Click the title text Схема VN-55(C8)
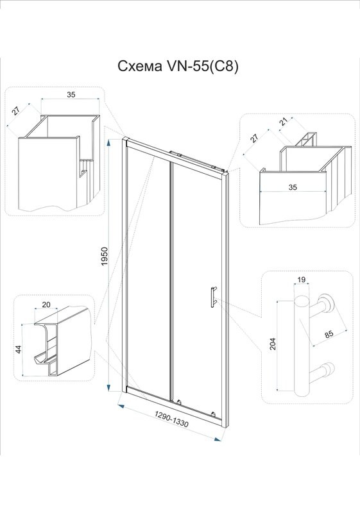click(x=178, y=67)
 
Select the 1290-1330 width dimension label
click(x=172, y=419)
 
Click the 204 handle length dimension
click(x=273, y=344)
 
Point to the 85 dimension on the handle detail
click(x=329, y=334)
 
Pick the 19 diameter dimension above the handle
click(x=302, y=280)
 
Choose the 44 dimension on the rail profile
click(x=19, y=349)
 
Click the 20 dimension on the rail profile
click(x=46, y=305)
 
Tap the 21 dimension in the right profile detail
click(x=284, y=122)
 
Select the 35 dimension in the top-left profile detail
click(x=71, y=94)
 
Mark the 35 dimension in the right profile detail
click(x=293, y=187)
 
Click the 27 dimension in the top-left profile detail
click(x=15, y=111)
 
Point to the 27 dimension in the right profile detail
click(x=254, y=138)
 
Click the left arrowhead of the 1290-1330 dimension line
click(x=121, y=406)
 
